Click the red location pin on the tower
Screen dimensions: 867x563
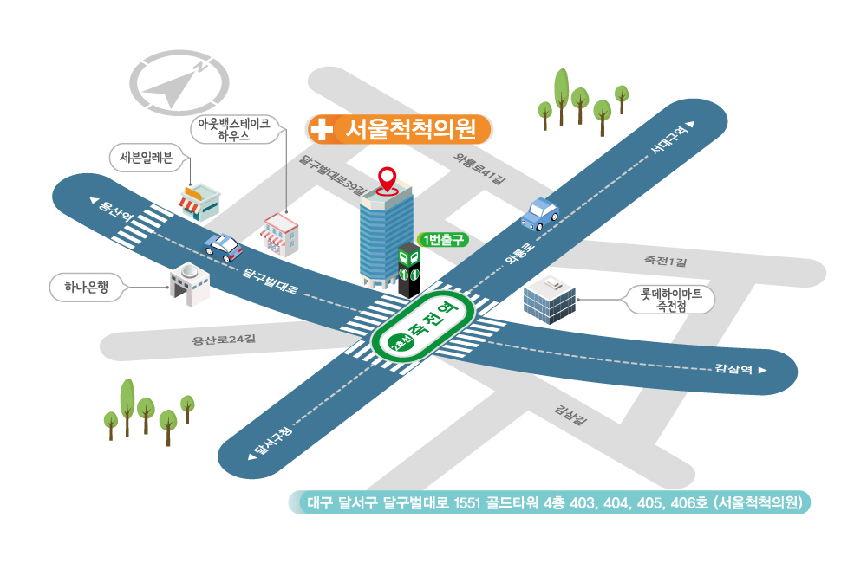pos(387,179)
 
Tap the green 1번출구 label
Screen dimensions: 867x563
pos(443,240)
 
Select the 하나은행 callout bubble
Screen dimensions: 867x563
pos(86,288)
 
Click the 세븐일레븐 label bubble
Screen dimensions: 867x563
pos(147,158)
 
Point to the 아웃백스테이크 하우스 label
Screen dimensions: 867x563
pos(234,129)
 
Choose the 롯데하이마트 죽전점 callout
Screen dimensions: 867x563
pos(671,300)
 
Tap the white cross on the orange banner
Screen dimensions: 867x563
pos(321,130)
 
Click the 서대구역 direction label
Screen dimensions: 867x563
pos(672,137)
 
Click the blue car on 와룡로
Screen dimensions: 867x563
pos(539,214)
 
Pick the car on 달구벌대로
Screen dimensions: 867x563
pos(223,248)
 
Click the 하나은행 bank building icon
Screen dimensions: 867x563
pos(190,284)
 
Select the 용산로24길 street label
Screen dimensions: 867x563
pos(224,340)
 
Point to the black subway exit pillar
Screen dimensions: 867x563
pos(409,270)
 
